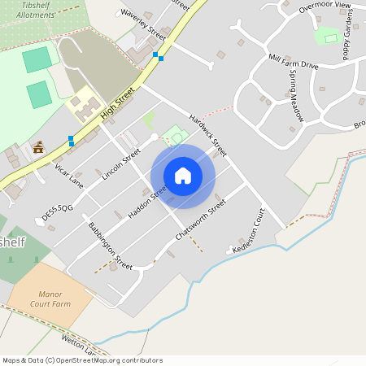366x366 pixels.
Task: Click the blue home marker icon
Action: coord(183,176)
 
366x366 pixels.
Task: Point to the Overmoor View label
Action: coord(325,7)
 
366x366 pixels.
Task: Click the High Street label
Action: coord(117,104)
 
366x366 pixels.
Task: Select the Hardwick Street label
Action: coord(208,133)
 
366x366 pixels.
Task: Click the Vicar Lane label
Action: coord(69,174)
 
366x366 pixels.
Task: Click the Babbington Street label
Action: coord(111,246)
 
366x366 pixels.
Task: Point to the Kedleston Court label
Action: coord(249,232)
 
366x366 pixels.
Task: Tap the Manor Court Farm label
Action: coord(50,299)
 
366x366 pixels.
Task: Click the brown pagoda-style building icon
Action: coord(38,147)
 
